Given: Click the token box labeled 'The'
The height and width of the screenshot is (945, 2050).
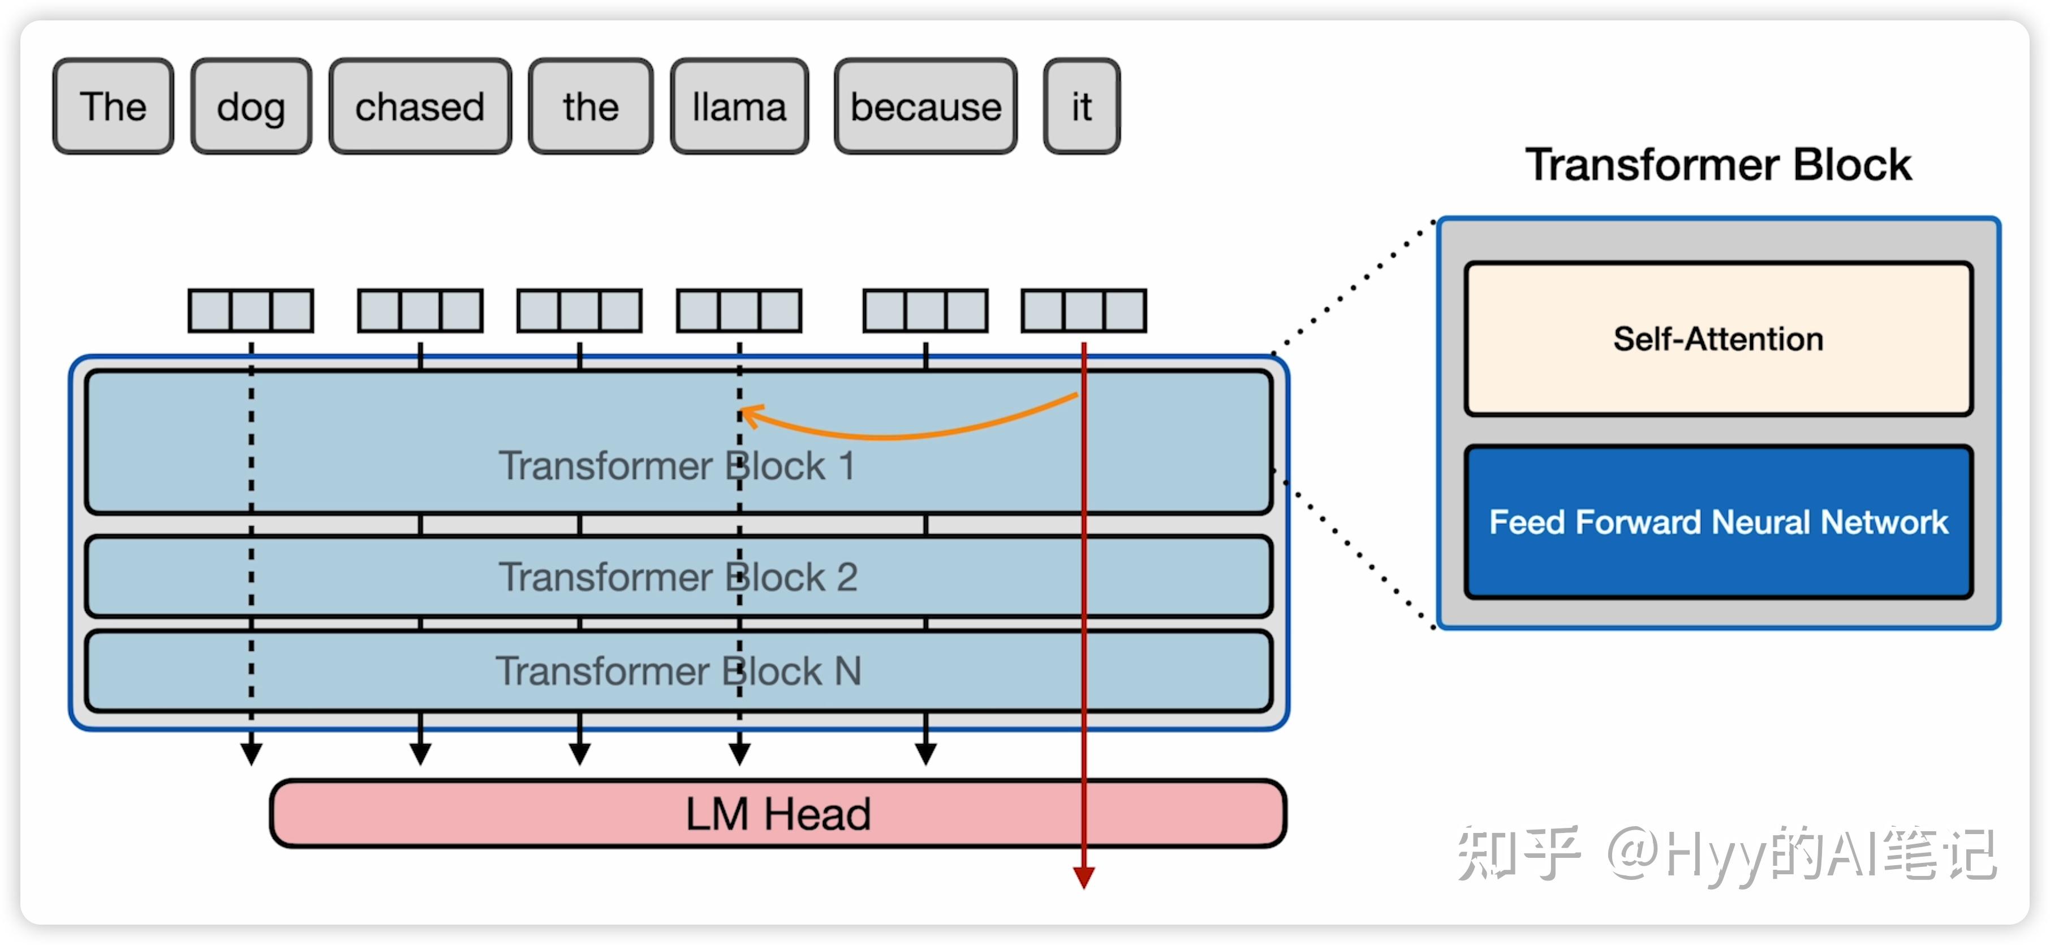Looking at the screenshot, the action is [113, 106].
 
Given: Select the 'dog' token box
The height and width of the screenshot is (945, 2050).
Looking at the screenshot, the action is [251, 106].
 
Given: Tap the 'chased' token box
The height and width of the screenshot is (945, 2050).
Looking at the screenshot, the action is [420, 106].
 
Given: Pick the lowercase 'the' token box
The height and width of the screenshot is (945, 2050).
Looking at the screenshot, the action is [591, 106].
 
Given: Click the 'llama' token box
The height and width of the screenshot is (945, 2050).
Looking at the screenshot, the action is [739, 106].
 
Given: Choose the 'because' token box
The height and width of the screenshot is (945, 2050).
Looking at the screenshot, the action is [925, 106].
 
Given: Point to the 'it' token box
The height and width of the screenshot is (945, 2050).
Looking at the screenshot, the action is [1082, 106].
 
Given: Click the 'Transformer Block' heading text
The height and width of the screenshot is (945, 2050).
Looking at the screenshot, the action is [1718, 165].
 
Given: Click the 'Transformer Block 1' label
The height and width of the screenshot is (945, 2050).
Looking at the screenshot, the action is [677, 466].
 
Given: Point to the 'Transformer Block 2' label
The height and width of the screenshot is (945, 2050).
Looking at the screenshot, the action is [678, 577].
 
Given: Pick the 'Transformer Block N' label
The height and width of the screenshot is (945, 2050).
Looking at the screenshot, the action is [679, 671].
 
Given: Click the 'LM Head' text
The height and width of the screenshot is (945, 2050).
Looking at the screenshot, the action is [778, 814].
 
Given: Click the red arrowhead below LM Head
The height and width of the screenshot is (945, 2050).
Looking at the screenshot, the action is [1084, 877].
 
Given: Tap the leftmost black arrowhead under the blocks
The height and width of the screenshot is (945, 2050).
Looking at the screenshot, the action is [252, 754].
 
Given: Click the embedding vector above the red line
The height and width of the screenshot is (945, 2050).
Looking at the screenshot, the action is [1084, 311].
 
